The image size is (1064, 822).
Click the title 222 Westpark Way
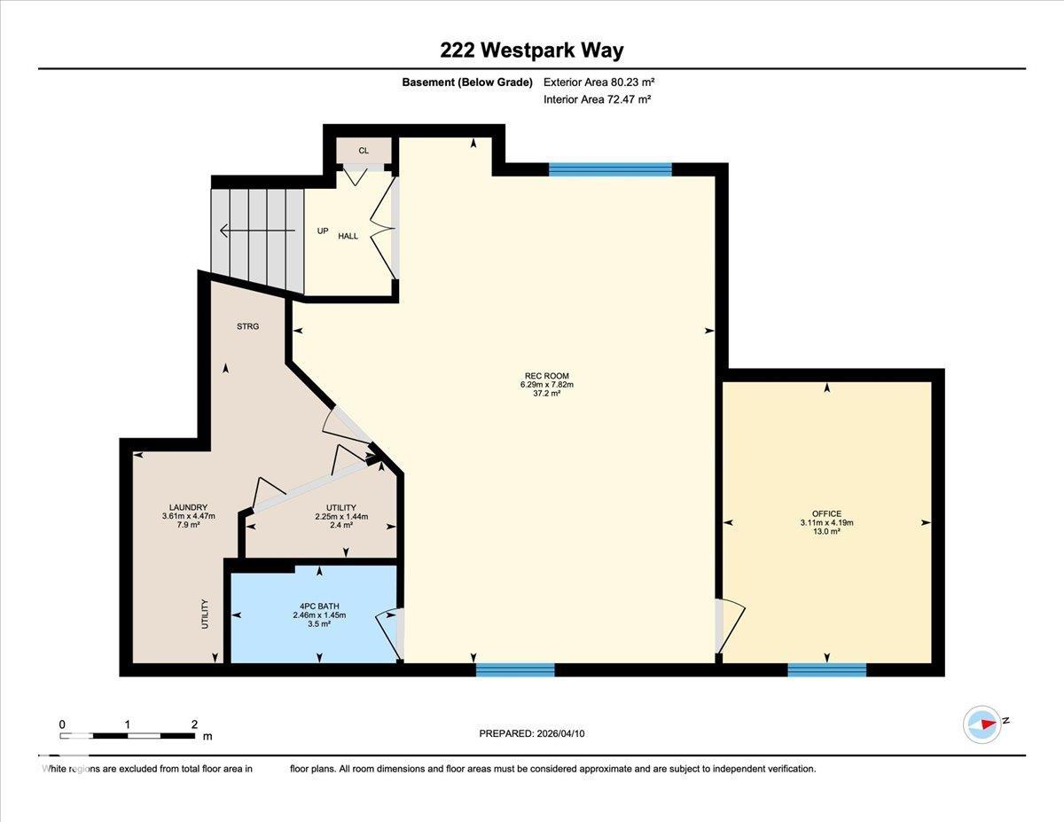(532, 51)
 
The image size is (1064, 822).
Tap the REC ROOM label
(546, 376)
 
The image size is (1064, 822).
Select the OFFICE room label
(826, 513)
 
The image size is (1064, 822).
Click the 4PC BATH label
(318, 606)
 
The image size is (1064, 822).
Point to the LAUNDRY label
(188, 507)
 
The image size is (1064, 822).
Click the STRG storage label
(248, 326)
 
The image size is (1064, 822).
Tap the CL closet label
(364, 151)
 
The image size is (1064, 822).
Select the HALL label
(348, 236)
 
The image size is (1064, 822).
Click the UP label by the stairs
(323, 231)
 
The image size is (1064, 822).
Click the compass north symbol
(983, 724)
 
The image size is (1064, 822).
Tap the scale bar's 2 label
(194, 724)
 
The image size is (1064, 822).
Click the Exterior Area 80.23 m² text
(598, 82)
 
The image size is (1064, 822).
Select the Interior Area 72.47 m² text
(597, 99)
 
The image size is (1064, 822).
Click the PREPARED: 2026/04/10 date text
(532, 733)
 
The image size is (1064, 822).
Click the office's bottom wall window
(826, 669)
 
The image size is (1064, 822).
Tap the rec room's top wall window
(610, 169)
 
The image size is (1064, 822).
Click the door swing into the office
(731, 625)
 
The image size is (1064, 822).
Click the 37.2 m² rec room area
(546, 393)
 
